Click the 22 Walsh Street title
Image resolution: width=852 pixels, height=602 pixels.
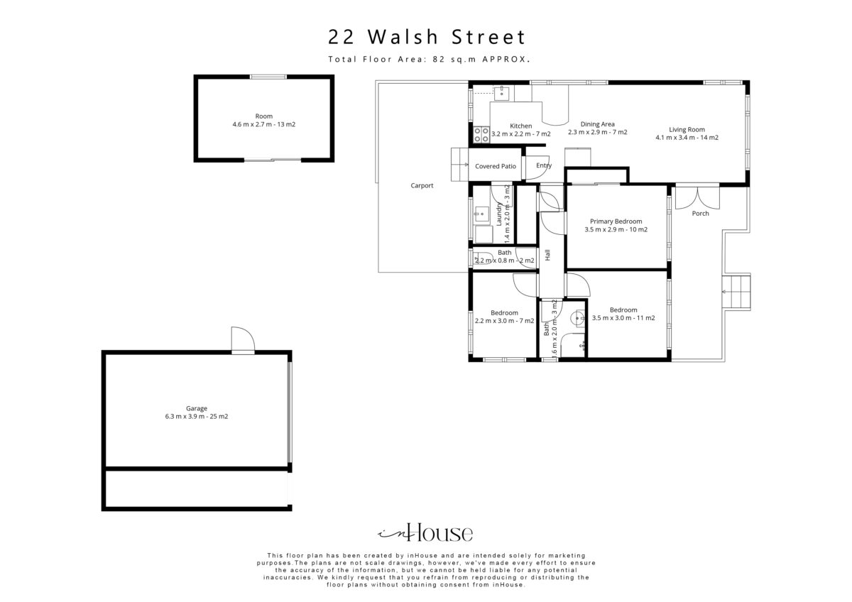point(427,37)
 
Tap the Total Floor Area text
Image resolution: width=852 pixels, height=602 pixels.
point(429,59)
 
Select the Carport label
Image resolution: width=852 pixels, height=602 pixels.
point(422,185)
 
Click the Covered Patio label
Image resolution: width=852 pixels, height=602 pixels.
point(496,166)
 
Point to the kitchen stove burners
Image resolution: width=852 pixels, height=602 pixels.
point(481,135)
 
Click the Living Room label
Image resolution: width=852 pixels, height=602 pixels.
point(687,129)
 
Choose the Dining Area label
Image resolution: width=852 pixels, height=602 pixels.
point(598,124)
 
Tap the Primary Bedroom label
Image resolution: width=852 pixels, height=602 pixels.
point(616,221)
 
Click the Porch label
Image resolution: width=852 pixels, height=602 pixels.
point(700,214)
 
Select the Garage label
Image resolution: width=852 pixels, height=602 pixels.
point(197,408)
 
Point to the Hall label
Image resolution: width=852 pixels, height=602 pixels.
point(547,255)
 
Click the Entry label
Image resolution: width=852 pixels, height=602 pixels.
point(544,165)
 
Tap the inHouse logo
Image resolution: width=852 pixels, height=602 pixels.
point(425,532)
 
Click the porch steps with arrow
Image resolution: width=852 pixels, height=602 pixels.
point(736,292)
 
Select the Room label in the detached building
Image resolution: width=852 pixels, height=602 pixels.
point(264,116)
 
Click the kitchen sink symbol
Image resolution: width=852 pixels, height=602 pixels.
point(502,93)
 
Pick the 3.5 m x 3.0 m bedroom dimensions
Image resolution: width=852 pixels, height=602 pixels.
point(623,318)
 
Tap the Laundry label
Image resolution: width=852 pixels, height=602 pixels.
point(499,214)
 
